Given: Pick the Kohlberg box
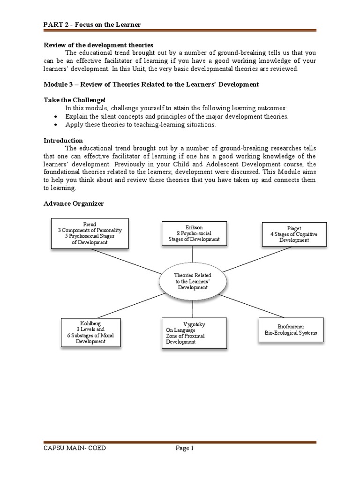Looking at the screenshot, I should pos(91,332).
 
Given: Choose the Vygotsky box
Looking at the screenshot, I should pos(194,332).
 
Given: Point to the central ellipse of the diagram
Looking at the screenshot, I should pos(193,281).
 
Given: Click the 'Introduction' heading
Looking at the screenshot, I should pos(63,140).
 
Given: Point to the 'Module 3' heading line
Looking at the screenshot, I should pos(151,84).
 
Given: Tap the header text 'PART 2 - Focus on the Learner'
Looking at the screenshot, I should pos(92,24).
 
